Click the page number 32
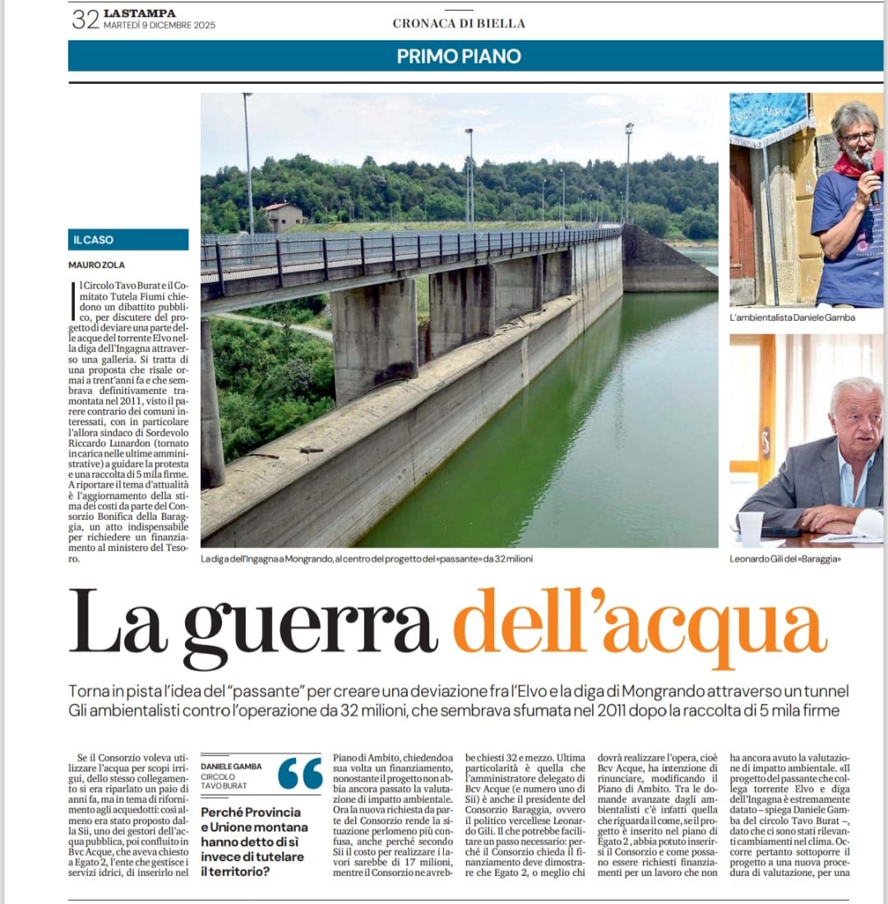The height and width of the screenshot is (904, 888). click(x=85, y=19)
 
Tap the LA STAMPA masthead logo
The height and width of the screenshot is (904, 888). click(x=140, y=13)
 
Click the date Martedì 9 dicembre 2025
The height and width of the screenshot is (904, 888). click(x=160, y=25)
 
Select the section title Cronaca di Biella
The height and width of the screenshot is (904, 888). click(x=459, y=24)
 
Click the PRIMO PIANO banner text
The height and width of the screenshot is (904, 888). click(x=459, y=56)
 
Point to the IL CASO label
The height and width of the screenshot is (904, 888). click(x=94, y=240)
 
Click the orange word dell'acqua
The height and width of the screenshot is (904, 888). click(x=640, y=627)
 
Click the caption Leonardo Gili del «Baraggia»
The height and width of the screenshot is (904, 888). click(x=784, y=559)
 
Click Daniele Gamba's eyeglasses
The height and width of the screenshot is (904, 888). click(x=858, y=137)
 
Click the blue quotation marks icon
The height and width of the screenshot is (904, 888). click(x=300, y=774)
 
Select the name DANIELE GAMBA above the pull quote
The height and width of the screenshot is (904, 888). click(x=231, y=767)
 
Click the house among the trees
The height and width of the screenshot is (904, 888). click(x=283, y=216)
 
